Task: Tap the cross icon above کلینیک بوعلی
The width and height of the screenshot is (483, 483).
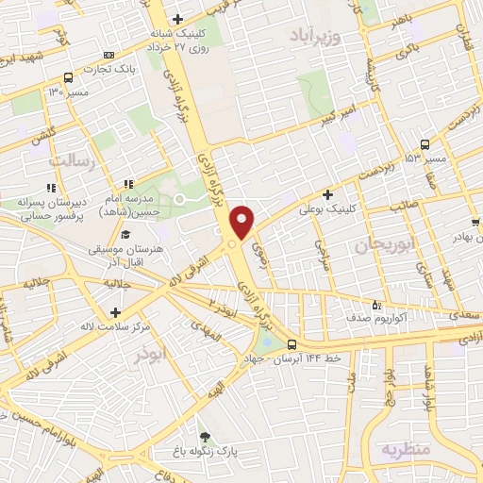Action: point(327,194)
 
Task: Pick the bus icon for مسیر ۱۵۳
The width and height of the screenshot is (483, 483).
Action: point(425,144)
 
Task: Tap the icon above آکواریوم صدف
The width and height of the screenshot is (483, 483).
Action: point(377,305)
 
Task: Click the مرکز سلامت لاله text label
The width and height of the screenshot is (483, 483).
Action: point(116,326)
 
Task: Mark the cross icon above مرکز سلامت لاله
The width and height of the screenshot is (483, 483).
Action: point(115,312)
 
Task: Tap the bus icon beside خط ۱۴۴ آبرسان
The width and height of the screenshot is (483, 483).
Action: point(292,344)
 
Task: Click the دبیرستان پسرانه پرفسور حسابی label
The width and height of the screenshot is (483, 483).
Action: point(57,208)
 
